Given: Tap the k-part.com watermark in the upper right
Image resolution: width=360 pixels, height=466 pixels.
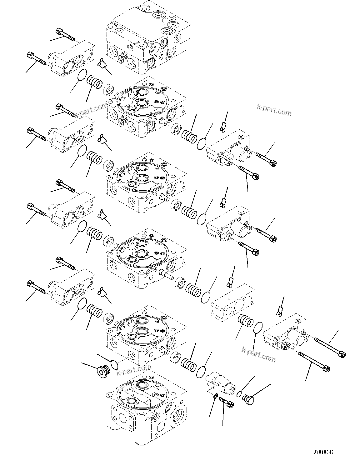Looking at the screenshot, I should (x=274, y=110).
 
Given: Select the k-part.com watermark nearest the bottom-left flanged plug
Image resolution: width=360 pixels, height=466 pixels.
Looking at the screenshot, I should (x=134, y=370).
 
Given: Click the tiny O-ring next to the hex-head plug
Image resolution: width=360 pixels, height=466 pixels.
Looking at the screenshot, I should (x=239, y=393).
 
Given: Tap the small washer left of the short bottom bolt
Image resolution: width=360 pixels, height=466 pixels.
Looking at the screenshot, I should (x=216, y=397).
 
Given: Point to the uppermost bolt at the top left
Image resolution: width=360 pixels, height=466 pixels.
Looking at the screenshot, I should (x=65, y=34).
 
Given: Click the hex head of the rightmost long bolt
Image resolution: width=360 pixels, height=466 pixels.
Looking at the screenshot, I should (x=342, y=354).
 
